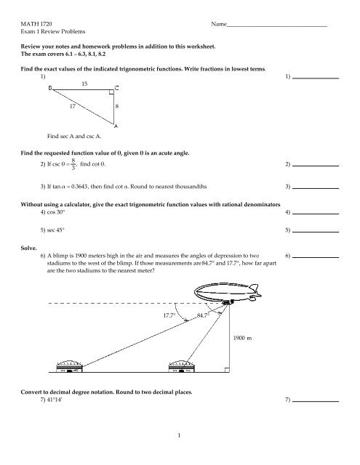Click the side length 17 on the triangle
coord(71,107)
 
